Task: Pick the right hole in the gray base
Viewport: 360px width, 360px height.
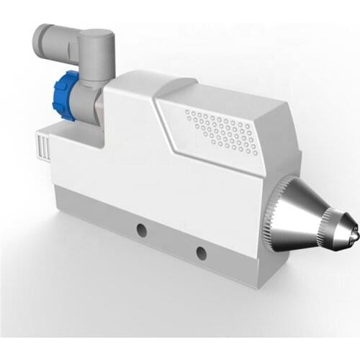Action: click(x=201, y=253)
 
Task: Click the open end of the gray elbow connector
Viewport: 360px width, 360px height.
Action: click(x=42, y=39)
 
